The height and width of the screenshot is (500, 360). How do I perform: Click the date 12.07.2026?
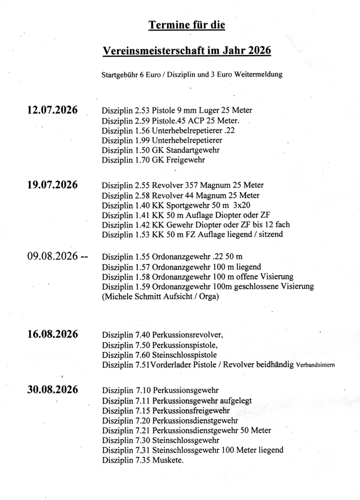point(52,111)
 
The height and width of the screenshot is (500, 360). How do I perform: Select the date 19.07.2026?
point(52,185)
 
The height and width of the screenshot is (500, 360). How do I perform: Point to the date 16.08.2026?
point(52,335)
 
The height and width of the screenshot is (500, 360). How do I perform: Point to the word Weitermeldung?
point(259,74)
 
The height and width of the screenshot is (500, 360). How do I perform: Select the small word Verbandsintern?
point(316,366)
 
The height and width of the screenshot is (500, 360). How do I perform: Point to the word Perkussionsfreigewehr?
point(190,411)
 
